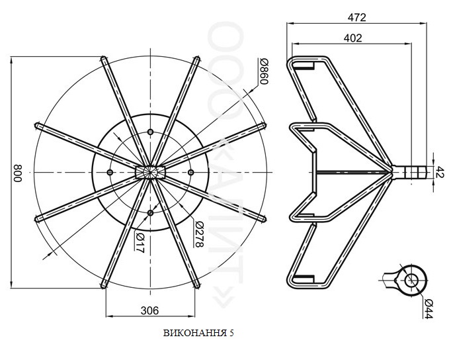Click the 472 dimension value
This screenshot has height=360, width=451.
pos(356,18)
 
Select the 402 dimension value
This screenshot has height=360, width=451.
pos(352,38)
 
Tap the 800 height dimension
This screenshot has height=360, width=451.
pos(18,173)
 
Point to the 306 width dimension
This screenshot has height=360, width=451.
pos(149,310)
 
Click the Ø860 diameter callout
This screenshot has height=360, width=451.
pos(264,71)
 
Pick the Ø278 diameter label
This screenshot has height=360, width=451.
pos(199,234)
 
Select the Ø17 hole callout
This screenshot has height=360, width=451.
pos(140,243)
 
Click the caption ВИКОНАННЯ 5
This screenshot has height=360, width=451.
pos(198,334)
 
